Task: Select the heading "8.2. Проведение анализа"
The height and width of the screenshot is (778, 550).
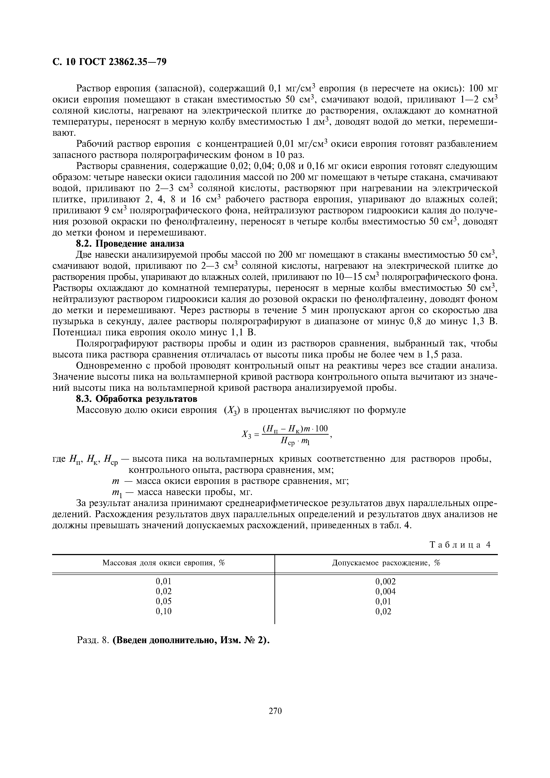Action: (130, 244)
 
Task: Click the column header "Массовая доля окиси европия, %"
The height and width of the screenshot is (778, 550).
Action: (164, 563)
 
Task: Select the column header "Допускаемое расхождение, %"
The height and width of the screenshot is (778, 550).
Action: (386, 563)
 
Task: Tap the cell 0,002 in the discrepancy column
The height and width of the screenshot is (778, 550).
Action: (385, 582)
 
